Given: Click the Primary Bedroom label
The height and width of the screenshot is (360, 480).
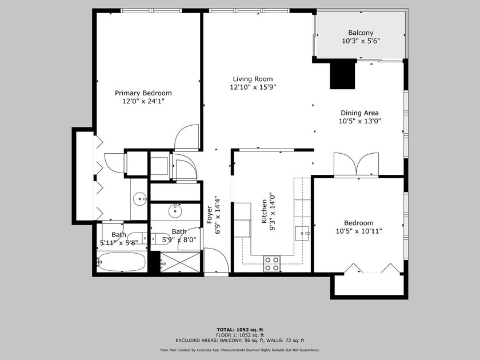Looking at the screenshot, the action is click(x=143, y=93).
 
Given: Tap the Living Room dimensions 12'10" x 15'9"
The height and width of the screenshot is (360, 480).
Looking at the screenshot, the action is click(x=253, y=87).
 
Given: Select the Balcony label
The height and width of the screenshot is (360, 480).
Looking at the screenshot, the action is click(x=361, y=33).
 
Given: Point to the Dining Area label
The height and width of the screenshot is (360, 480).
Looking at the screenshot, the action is click(x=359, y=113).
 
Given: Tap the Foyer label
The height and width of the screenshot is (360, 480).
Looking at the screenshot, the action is click(x=210, y=215).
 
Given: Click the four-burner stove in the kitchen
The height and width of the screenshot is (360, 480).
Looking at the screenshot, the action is click(x=272, y=264).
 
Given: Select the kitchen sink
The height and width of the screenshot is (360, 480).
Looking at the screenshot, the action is click(x=302, y=233).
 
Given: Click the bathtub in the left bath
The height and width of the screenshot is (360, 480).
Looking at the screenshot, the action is click(x=122, y=262).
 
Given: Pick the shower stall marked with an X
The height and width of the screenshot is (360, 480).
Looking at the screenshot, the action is click(x=180, y=262).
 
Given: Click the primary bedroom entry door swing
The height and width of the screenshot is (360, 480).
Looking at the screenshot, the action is click(x=187, y=137).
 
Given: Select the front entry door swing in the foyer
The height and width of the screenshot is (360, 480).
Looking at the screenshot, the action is click(x=216, y=259).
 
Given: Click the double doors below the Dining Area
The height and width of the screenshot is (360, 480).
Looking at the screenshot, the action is click(x=356, y=165).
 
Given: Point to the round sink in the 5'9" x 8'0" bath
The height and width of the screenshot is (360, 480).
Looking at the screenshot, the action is click(x=175, y=211).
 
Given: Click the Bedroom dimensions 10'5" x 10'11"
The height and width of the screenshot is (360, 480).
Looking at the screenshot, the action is click(x=359, y=231).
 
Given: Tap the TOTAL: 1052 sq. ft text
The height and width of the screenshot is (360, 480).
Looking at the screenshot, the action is click(x=240, y=330).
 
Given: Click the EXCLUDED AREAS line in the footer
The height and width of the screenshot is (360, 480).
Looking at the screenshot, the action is click(x=240, y=340).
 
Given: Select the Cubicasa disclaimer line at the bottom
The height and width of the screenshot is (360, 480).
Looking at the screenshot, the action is click(x=240, y=350).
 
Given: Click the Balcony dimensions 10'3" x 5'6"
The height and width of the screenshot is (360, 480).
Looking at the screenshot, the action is click(x=361, y=41).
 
